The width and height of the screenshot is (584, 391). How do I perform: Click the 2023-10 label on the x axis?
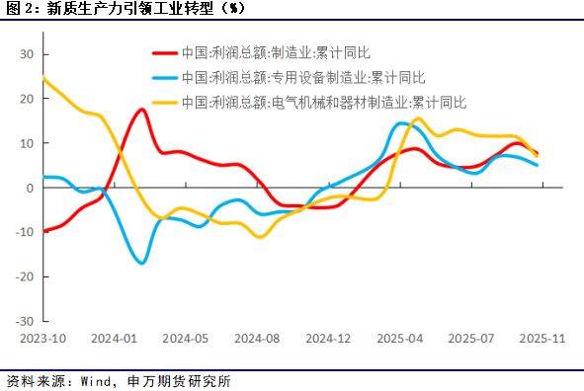[43, 338]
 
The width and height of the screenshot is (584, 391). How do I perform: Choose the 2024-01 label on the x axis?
[115, 338]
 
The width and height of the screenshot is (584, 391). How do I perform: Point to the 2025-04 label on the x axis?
[400, 338]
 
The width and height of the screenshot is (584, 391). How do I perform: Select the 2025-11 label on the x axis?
[541, 338]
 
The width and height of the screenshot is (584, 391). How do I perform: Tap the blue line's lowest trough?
[142, 263]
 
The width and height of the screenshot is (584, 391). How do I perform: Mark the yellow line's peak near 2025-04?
[417, 118]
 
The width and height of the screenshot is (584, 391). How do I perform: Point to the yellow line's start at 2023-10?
[43, 79]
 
